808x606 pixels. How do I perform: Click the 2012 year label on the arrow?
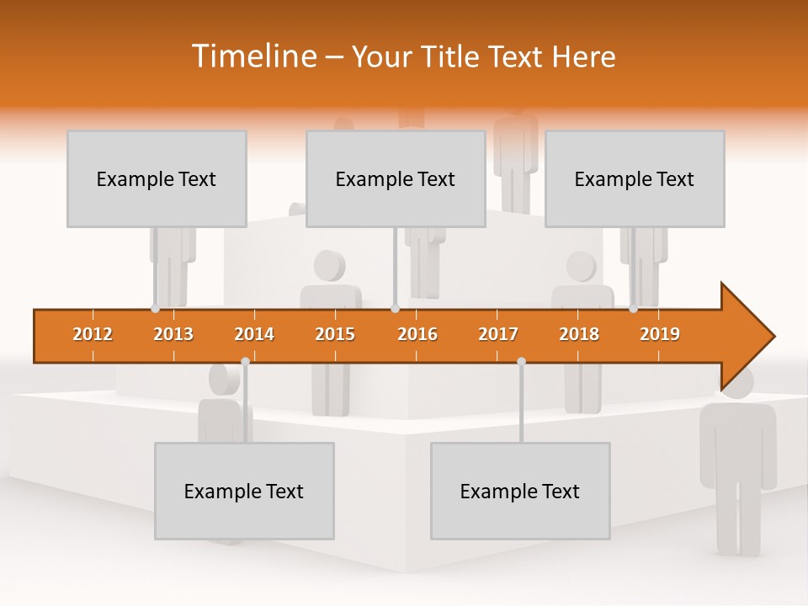[93, 334]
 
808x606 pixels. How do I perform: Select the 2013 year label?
[173, 334]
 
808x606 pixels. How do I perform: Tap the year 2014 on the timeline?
[254, 334]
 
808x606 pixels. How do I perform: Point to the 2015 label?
[335, 334]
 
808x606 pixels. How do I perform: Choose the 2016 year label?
[417, 334]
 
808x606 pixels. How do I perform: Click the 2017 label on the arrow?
[498, 334]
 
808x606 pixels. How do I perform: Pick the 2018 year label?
[579, 334]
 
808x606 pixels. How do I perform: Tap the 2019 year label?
[660, 334]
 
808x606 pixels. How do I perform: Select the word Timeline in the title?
[252, 56]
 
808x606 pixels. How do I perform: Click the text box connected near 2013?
[157, 179]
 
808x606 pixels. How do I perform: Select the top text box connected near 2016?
[396, 179]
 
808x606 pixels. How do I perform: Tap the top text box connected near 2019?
[635, 179]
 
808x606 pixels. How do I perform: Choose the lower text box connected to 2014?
[244, 492]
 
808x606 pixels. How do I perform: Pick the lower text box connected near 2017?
[520, 492]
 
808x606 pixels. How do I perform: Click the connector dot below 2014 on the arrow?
[245, 361]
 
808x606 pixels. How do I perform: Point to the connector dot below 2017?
[521, 361]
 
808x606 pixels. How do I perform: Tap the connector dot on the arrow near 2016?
[395, 309]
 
